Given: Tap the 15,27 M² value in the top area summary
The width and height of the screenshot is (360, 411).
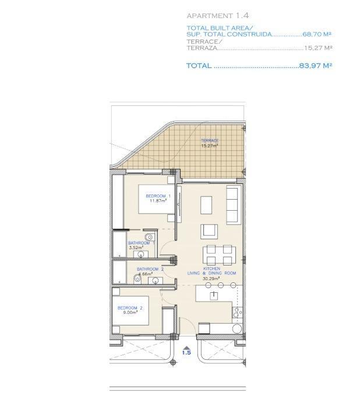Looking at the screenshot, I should [x=318, y=48].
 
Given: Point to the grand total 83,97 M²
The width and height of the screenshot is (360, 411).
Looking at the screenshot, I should [x=315, y=66].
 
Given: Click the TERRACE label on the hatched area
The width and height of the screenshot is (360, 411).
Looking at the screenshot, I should [x=210, y=141].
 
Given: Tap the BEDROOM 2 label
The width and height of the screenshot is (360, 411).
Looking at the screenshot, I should [x=130, y=308].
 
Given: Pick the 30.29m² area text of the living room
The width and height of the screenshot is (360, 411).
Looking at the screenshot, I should [x=211, y=279].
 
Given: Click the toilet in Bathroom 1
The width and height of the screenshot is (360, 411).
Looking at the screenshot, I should [x=149, y=236].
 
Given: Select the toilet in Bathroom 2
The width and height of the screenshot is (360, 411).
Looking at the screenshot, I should [x=137, y=279].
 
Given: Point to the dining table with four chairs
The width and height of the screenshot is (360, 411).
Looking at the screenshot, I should [x=219, y=254].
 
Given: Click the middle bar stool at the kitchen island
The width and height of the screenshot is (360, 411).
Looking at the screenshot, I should [x=221, y=286].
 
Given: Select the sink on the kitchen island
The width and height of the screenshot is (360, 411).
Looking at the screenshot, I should [x=214, y=295].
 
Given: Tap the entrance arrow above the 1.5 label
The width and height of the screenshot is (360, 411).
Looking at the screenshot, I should [x=186, y=345].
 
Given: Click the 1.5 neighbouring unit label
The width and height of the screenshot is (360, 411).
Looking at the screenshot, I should [x=186, y=352].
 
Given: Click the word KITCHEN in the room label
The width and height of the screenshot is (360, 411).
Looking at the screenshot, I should [x=211, y=268].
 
